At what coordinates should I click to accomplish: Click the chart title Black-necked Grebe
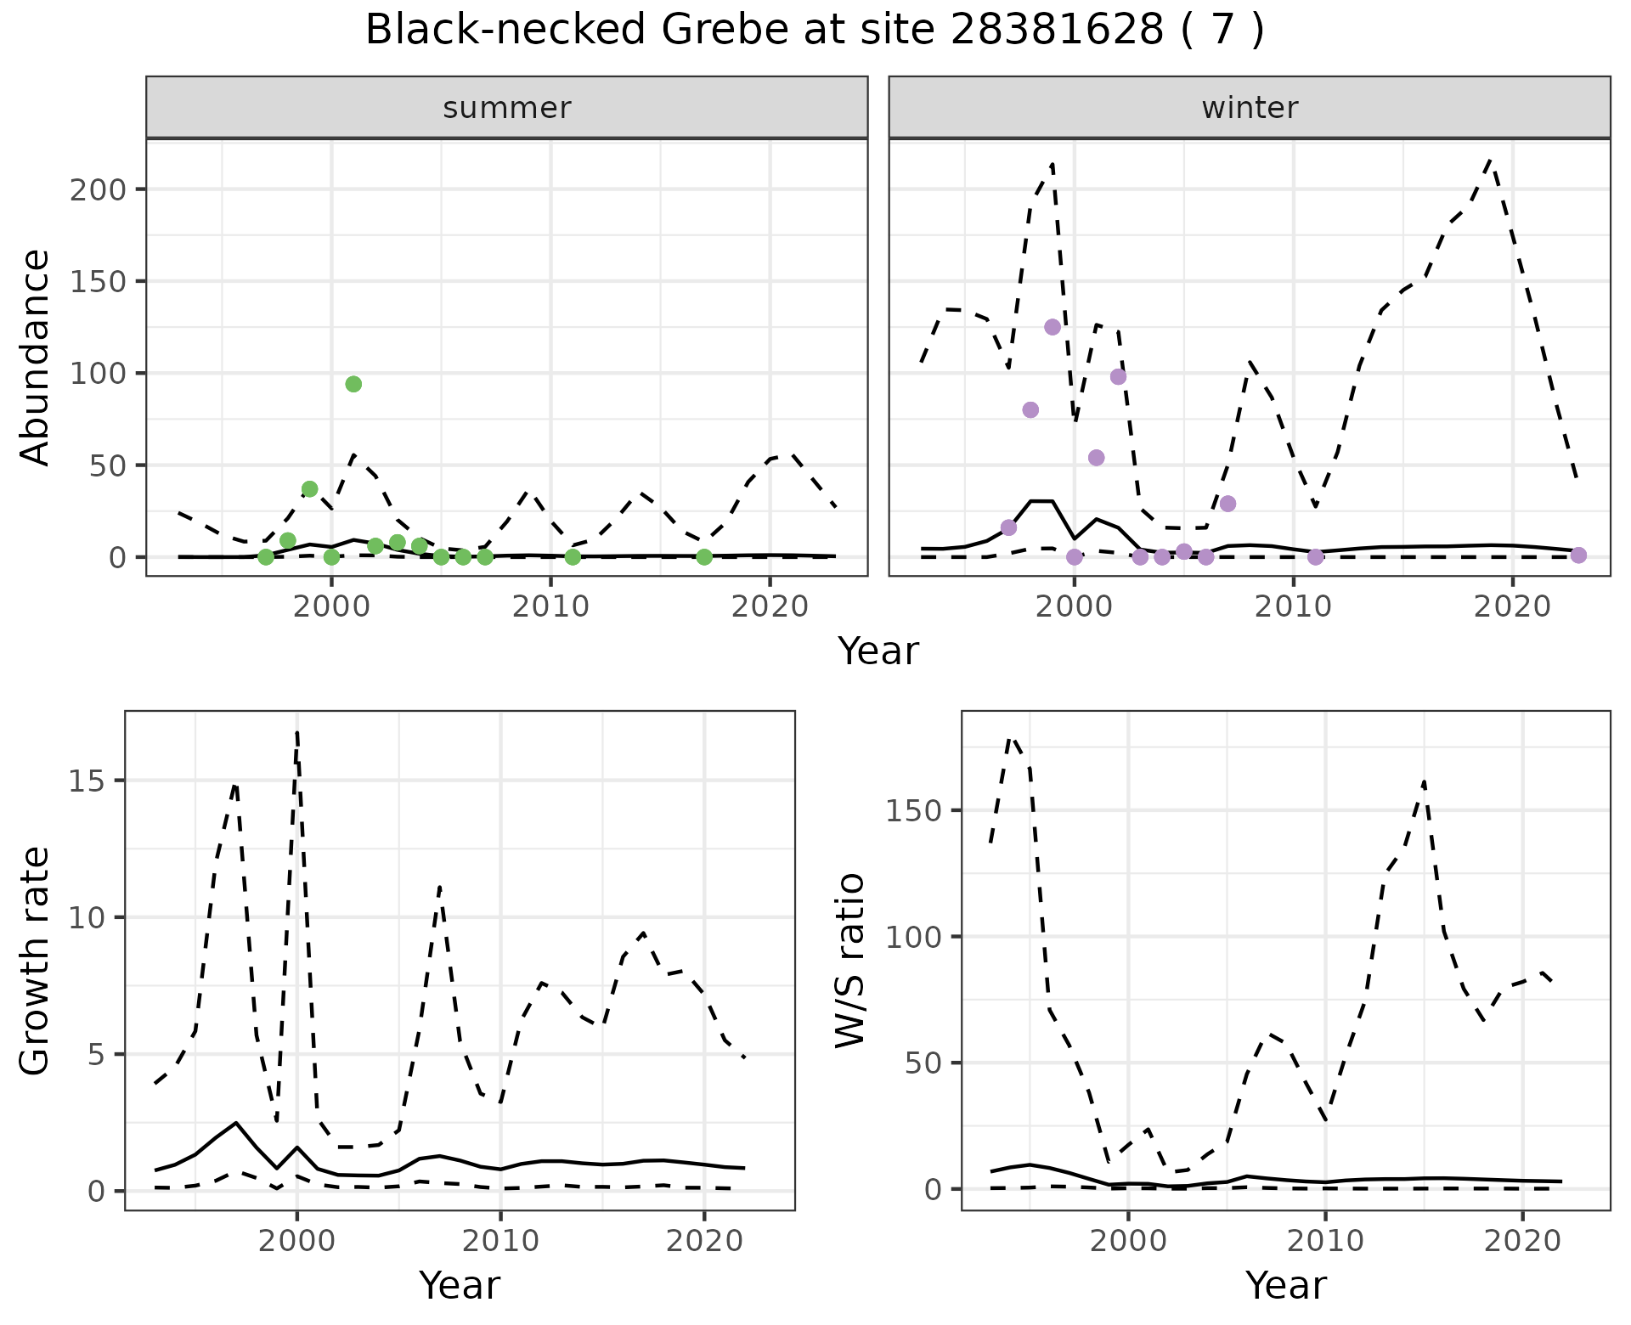point(814,31)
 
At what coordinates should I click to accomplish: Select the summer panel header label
point(507,108)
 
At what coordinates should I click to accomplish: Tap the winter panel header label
point(1250,108)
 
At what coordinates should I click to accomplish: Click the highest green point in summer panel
point(353,384)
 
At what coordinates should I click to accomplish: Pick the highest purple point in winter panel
point(1053,327)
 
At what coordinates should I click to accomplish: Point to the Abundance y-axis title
point(36,357)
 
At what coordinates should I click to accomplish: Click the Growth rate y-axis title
point(36,960)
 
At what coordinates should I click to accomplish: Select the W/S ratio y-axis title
point(849,960)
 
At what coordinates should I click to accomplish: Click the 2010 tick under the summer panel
point(550,606)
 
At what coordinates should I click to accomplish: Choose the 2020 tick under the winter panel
point(1512,606)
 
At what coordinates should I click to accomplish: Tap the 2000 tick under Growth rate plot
point(296,1241)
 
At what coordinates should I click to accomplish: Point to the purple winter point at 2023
point(1578,555)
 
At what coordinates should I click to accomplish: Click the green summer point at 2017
point(704,557)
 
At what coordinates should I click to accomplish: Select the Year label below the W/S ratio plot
point(1285,1285)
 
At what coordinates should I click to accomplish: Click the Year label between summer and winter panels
point(878,651)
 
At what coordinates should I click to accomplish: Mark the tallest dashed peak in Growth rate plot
point(296,732)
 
